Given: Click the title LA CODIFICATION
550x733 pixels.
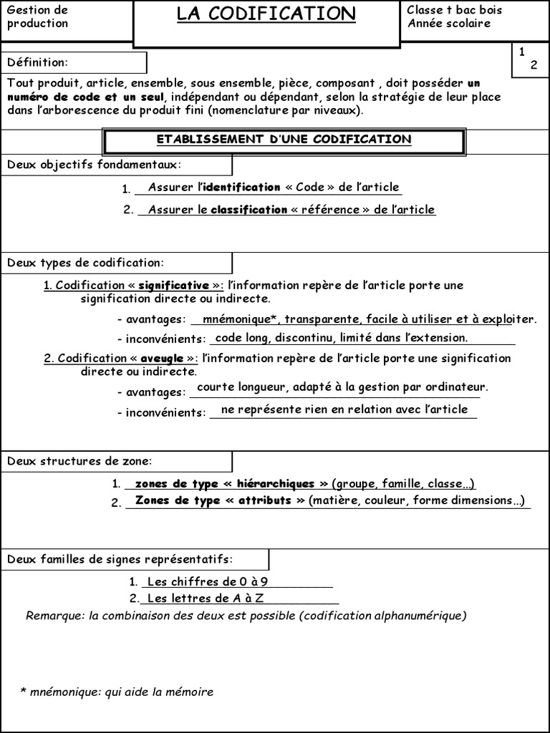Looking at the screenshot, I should pos(266,14).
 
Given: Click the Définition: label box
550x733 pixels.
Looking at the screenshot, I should pos(74,62).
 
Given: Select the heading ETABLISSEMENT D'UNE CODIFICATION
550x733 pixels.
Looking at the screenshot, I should pos(284,140).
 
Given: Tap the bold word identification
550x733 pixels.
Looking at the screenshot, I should pos(241,187).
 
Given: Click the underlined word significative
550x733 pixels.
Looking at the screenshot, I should pos(173,285).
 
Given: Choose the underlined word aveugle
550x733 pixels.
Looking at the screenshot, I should pos(162,358).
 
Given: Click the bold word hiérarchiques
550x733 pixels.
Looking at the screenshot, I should pos(275,483).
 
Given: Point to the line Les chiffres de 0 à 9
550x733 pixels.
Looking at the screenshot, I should pos(208,581).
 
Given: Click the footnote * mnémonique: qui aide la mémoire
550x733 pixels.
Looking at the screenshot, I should pos(117,691).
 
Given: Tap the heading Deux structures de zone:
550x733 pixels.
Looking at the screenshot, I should pos(79,461).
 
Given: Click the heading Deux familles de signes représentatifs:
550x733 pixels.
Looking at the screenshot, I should pos(120,559).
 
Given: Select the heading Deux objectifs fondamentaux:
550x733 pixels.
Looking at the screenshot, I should pos(95,165).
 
